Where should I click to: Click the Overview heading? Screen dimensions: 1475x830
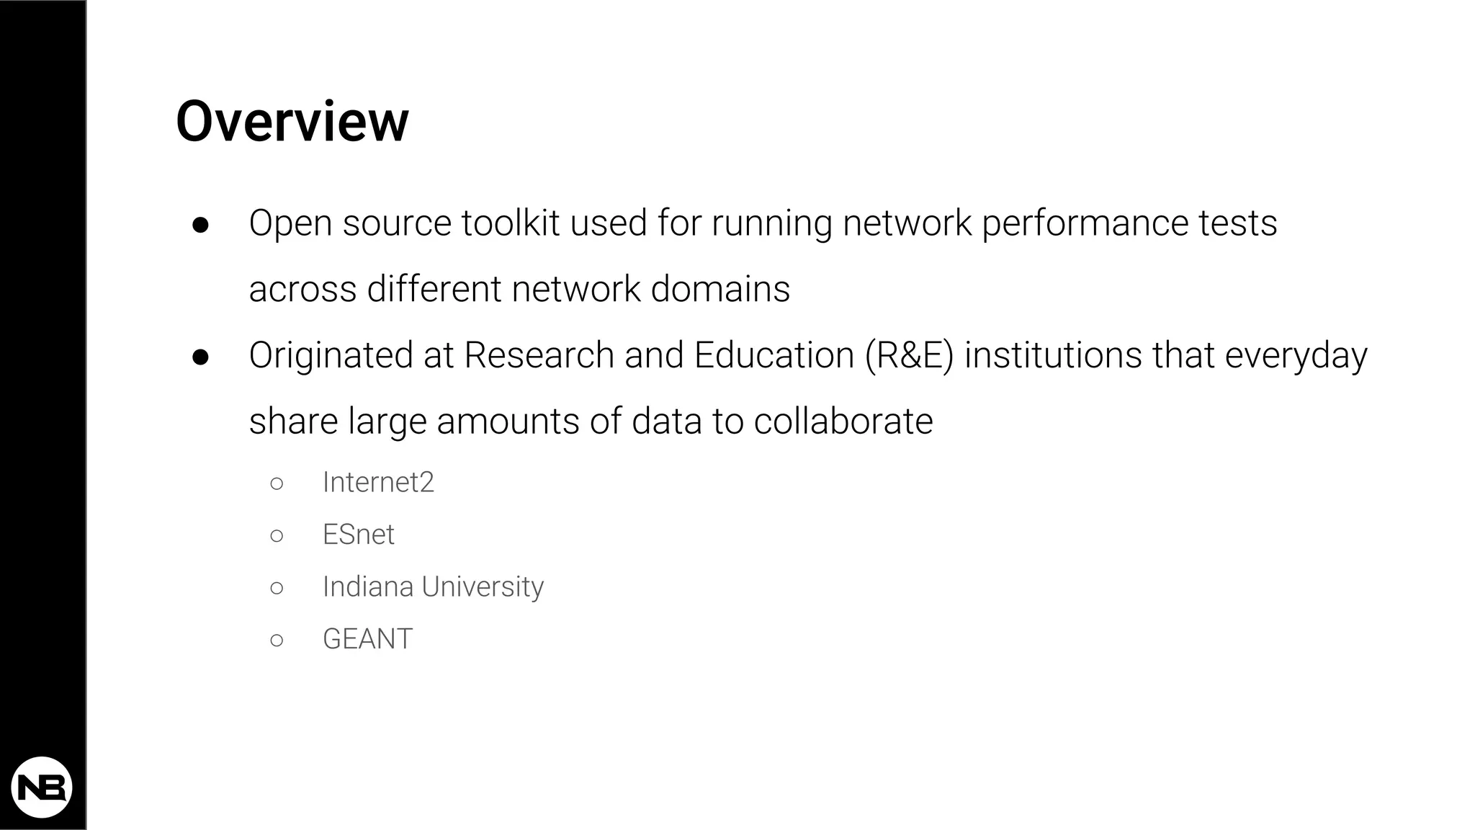tap(292, 122)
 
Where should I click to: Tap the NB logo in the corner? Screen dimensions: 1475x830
tap(42, 787)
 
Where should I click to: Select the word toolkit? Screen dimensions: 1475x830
tap(511, 223)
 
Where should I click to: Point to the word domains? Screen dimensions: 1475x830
tap(720, 289)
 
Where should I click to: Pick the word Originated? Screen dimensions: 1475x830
tap(331, 356)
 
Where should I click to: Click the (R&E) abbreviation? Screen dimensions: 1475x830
tap(909, 355)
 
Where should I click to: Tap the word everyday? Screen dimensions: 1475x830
tap(1296, 357)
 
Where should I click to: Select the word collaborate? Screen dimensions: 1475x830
tap(843, 421)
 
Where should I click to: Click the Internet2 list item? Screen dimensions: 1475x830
tap(378, 482)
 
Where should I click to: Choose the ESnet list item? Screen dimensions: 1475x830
tap(358, 535)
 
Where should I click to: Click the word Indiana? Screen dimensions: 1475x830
tap(367, 586)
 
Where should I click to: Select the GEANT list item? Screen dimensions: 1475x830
tap(367, 639)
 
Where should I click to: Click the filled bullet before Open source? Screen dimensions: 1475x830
tap(200, 225)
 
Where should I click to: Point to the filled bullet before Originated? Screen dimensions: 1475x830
tap(200, 357)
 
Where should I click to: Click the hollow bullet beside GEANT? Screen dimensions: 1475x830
tap(277, 640)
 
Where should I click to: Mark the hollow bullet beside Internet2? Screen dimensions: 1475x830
tap(277, 483)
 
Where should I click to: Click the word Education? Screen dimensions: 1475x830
tap(774, 355)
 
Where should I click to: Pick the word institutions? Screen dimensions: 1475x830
tap(1052, 355)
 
